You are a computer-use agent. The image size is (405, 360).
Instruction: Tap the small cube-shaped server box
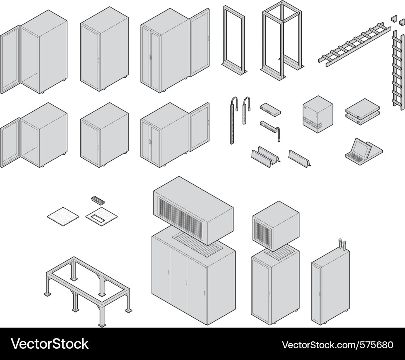click(x=318, y=114)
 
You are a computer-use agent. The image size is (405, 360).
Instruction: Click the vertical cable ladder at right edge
click(x=398, y=73)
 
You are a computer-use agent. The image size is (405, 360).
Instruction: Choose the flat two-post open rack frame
click(x=234, y=40)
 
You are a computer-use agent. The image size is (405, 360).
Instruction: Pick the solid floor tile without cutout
click(x=63, y=215)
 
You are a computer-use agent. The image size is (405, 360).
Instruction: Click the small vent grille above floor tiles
click(x=98, y=200)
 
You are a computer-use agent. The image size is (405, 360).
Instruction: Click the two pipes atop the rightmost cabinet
click(x=342, y=244)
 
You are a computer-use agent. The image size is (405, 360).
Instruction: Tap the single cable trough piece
click(x=299, y=158)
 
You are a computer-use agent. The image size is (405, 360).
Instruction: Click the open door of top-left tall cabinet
click(x=11, y=61)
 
